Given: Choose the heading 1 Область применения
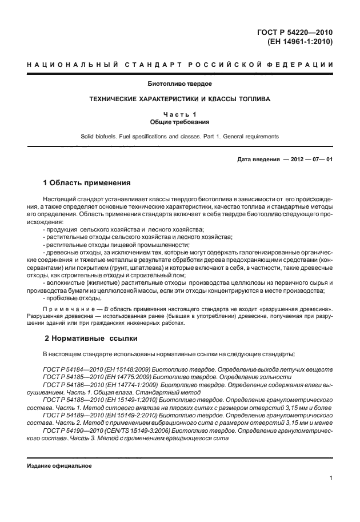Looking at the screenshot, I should pyautogui.click(x=87, y=183).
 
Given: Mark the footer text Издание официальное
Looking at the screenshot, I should pyautogui.click(x=59, y=465).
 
